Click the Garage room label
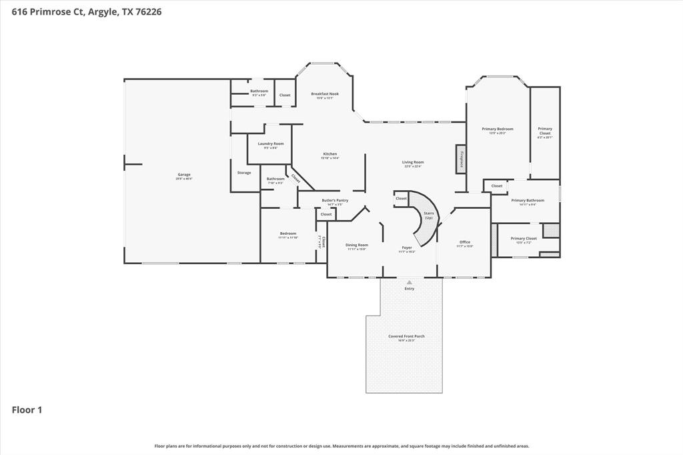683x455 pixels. click(184, 175)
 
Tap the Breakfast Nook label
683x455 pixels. click(325, 94)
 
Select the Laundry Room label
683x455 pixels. click(271, 143)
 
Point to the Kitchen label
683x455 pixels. click(330, 154)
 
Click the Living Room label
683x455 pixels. click(413, 162)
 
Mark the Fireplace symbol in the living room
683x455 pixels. click(461, 159)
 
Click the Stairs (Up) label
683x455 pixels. click(429, 215)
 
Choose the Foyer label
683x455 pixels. click(407, 248)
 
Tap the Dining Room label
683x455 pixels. click(357, 245)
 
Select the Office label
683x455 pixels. click(465, 242)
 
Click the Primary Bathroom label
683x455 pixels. click(528, 200)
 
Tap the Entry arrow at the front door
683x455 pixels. click(409, 282)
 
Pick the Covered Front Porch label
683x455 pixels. click(406, 336)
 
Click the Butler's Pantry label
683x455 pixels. click(335, 200)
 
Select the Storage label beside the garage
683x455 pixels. click(244, 173)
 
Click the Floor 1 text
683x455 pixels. click(27, 410)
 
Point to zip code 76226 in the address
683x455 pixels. click(148, 11)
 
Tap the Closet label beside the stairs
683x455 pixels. click(401, 198)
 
